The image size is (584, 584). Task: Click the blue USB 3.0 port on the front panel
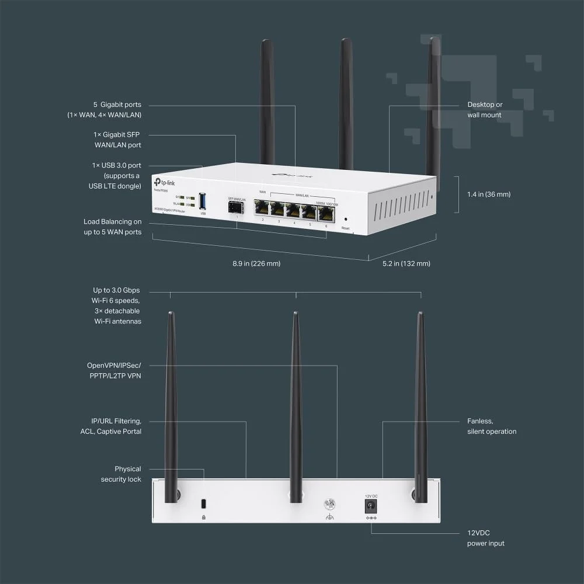pyautogui.click(x=203, y=201)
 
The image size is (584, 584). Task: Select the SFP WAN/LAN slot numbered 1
pyautogui.click(x=236, y=208)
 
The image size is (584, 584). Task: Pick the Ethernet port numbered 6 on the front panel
pyautogui.click(x=325, y=214)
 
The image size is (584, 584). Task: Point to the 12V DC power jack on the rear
pyautogui.click(x=370, y=505)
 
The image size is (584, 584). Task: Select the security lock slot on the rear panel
pyautogui.click(x=203, y=503)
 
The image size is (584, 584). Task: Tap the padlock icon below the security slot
pyautogui.click(x=203, y=517)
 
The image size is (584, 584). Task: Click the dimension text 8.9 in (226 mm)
pyautogui.click(x=256, y=263)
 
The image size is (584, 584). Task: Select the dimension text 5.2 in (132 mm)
pyautogui.click(x=406, y=263)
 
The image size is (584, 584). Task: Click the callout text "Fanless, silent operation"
pyautogui.click(x=492, y=426)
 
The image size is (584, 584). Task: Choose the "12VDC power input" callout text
pyautogui.click(x=485, y=538)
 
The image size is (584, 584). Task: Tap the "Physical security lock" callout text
pyautogui.click(x=120, y=474)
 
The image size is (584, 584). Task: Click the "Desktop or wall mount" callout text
pyautogui.click(x=485, y=110)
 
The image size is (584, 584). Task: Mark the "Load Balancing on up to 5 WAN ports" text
pyautogui.click(x=112, y=227)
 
